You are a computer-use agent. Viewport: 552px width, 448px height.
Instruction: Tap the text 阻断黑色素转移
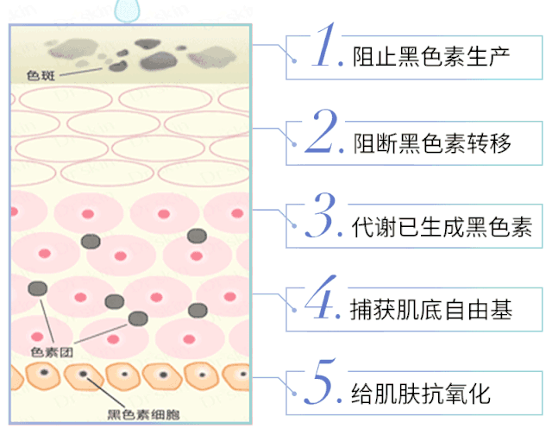[431, 142]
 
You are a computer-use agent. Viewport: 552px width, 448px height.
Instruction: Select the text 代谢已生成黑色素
[442, 227]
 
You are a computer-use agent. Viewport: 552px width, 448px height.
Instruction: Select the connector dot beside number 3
[298, 228]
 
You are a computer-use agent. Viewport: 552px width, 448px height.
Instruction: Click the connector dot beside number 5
[298, 396]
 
